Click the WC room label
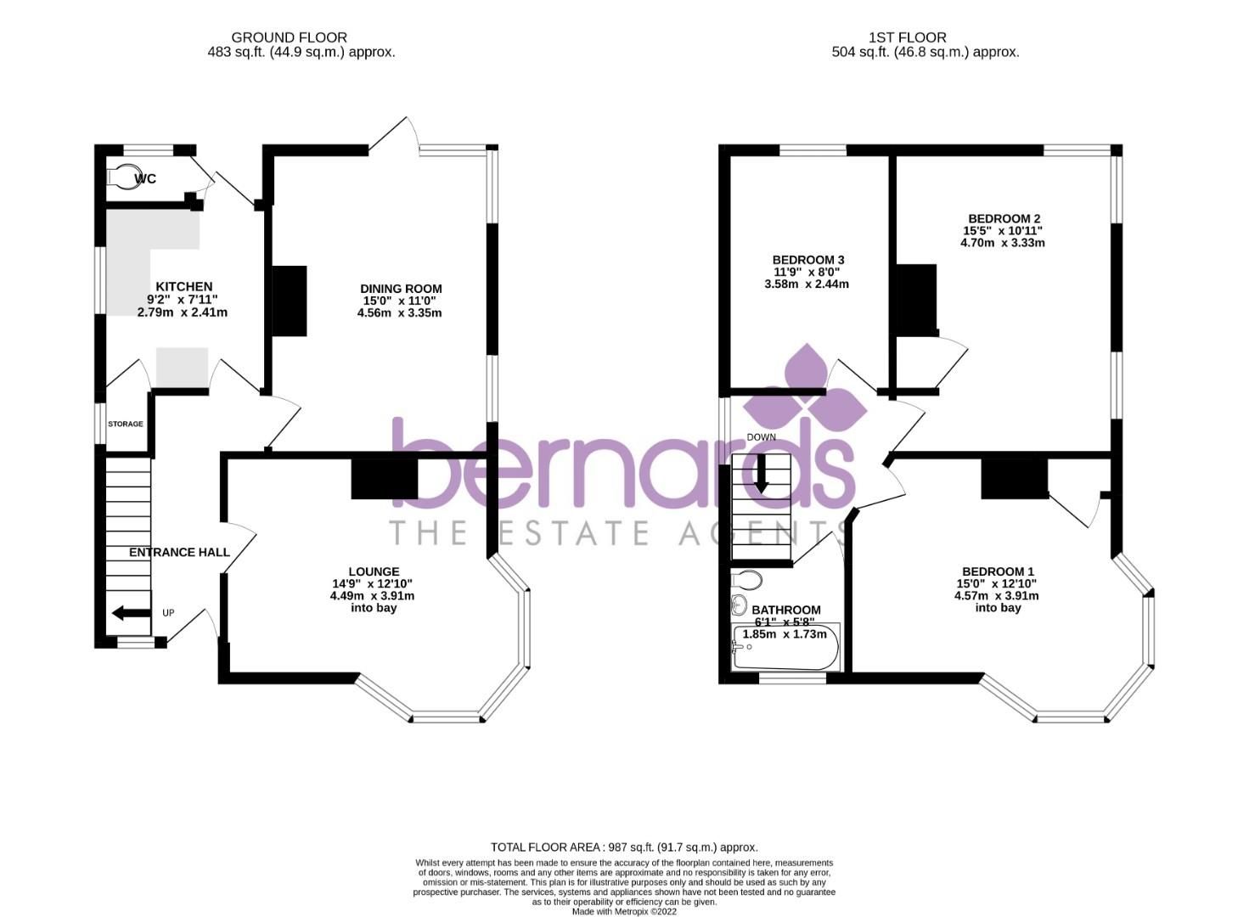click(x=146, y=179)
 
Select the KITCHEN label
click(x=183, y=287)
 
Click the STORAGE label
click(x=125, y=424)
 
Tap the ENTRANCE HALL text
click(x=179, y=553)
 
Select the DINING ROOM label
click(x=401, y=289)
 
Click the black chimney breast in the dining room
click(x=289, y=301)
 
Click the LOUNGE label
click(x=374, y=571)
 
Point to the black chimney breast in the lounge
click(x=385, y=480)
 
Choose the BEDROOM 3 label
click(x=807, y=260)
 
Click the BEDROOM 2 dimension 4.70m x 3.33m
click(x=1002, y=243)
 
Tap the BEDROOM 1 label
click(x=998, y=571)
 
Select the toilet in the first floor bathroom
click(x=746, y=581)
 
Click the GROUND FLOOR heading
click(x=289, y=37)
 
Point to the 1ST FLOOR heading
click(x=907, y=37)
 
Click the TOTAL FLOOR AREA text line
click(x=624, y=847)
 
